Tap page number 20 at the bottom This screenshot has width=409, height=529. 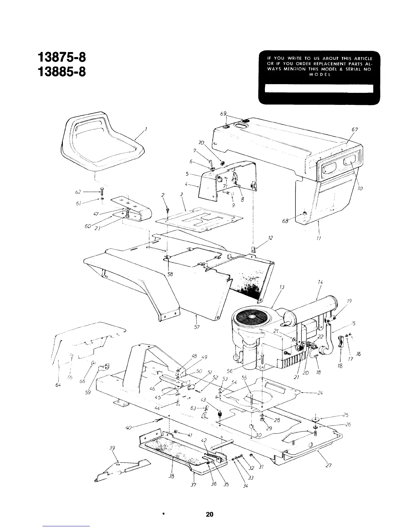[x=210, y=514]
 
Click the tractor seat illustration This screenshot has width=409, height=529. [x=100, y=140]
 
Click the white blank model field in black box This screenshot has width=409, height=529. [x=318, y=89]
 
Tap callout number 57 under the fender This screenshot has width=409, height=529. [x=197, y=327]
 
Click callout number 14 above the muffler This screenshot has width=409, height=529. [x=320, y=283]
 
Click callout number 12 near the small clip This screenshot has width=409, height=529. [x=271, y=238]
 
